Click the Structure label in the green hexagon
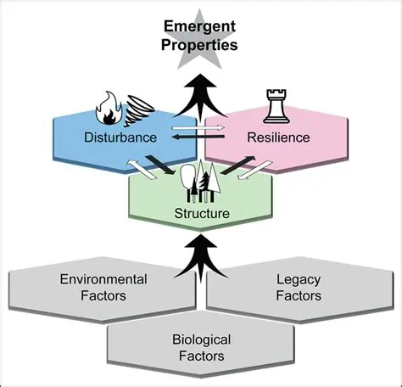tap(201, 213)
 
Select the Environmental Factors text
tap(103, 287)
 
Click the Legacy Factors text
tap(299, 287)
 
